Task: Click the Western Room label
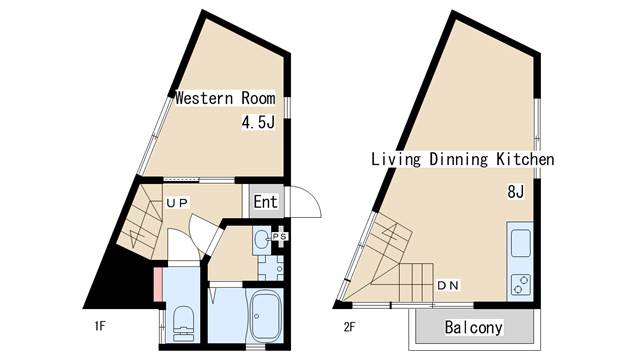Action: pyautogui.click(x=225, y=98)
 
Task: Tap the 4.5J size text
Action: pyautogui.click(x=258, y=122)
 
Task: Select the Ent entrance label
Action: pyautogui.click(x=265, y=201)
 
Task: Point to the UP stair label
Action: pyautogui.click(x=177, y=203)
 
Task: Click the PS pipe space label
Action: pyautogui.click(x=280, y=236)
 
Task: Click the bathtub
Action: pyautogui.click(x=265, y=316)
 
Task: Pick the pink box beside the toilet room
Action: pyautogui.click(x=158, y=284)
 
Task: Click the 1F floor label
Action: pyautogui.click(x=100, y=326)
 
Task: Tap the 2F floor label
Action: pyautogui.click(x=349, y=327)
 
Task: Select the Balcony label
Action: pyautogui.click(x=473, y=327)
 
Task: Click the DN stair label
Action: pyautogui.click(x=448, y=285)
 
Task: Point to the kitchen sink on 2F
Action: pyautogui.click(x=521, y=243)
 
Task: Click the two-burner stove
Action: pyautogui.click(x=521, y=284)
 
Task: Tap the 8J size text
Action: pyautogui.click(x=516, y=191)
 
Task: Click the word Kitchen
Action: pyautogui.click(x=525, y=159)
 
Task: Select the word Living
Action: pyautogui.click(x=396, y=159)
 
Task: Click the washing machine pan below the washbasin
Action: pyautogui.click(x=270, y=268)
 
